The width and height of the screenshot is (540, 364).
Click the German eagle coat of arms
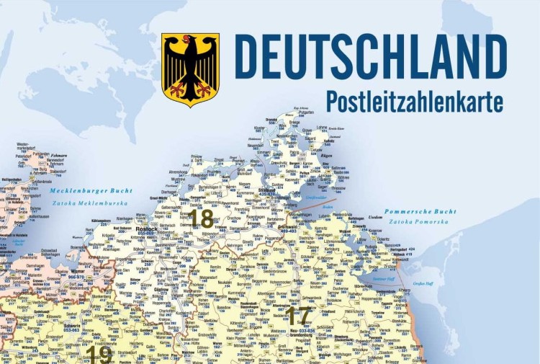(190, 70)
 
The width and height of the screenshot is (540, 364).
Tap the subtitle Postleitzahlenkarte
(414, 102)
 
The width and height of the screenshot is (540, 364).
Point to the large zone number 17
(298, 315)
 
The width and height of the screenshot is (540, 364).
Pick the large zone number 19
(101, 355)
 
